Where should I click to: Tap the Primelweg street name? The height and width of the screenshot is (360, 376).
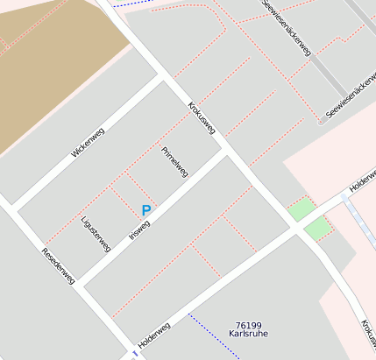click(x=174, y=161)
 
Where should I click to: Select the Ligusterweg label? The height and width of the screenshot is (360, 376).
click(x=96, y=235)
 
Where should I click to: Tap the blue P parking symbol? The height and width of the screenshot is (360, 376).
click(x=145, y=210)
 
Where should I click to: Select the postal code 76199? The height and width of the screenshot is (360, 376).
click(x=248, y=325)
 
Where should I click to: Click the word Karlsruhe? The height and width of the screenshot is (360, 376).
click(x=248, y=335)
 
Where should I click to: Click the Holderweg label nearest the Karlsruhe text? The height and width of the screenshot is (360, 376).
click(x=153, y=334)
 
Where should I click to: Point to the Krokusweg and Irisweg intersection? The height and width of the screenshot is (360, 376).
click(x=225, y=151)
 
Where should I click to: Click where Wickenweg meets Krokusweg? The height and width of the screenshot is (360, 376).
click(x=163, y=77)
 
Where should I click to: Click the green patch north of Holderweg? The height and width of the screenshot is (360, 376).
click(x=300, y=208)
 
